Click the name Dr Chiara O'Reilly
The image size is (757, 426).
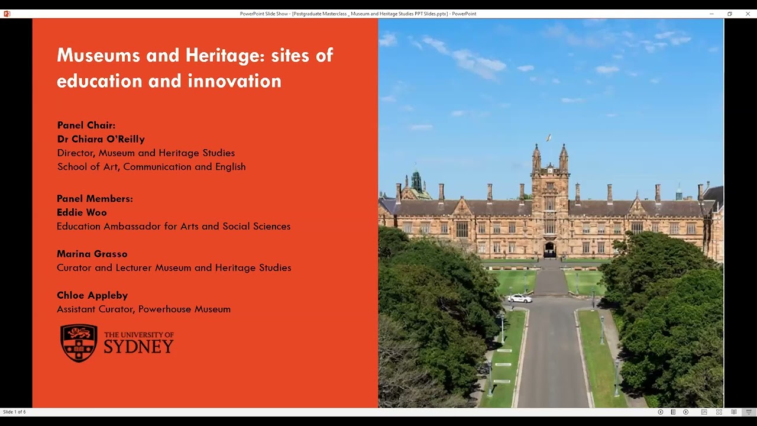coord(101,139)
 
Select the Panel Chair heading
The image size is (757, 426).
coord(86,125)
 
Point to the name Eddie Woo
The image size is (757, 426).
coord(82,212)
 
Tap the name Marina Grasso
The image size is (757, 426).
coord(92,254)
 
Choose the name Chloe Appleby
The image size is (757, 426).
coord(92,295)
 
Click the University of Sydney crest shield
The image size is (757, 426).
coord(79,343)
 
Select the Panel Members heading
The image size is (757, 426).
coord(95,199)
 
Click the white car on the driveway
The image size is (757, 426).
coord(519,298)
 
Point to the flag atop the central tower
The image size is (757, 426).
coord(549,138)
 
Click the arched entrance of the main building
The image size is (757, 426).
coord(550,250)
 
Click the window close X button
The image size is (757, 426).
coord(748,14)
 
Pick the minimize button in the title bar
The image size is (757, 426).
coord(711,14)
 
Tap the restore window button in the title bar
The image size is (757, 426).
coord(730,14)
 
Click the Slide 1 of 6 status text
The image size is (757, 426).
coord(14,412)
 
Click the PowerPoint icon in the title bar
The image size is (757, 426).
coord(7,14)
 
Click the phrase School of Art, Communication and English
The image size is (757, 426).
coord(151,167)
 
